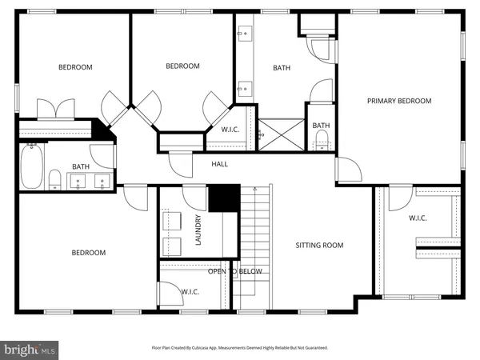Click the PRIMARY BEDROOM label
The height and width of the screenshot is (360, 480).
click(399, 101)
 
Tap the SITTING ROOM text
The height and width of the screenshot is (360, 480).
click(319, 246)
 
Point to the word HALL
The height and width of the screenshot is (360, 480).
click(219, 164)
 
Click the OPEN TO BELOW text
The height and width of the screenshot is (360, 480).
click(235, 272)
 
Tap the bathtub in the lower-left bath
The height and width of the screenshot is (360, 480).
click(32, 165)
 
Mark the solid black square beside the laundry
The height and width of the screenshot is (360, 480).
click(224, 198)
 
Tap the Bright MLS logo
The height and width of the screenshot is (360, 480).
click(30, 350)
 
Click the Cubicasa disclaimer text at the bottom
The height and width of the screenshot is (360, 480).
click(240, 348)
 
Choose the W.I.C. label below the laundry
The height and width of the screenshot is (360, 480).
click(190, 292)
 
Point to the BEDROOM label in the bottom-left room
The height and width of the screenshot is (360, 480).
click(88, 253)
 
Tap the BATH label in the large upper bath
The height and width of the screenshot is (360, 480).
click(282, 68)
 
